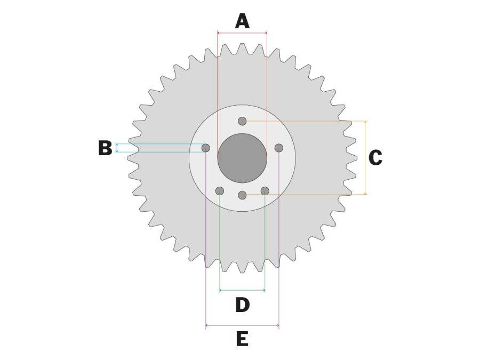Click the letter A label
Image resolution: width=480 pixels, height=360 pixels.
click(242, 21)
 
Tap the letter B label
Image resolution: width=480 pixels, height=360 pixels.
click(105, 148)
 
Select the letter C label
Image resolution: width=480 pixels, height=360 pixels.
click(375, 158)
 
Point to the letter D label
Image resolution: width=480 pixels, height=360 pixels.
click(243, 305)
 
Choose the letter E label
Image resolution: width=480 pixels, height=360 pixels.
click(243, 339)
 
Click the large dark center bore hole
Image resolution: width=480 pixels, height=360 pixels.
click(242, 158)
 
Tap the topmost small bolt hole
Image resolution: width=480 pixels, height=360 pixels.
click(242, 121)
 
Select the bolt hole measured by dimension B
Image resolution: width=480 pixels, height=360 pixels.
click(206, 148)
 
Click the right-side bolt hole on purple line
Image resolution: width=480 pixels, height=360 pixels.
click(278, 148)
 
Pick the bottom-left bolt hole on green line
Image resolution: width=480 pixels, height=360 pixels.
click(220, 191)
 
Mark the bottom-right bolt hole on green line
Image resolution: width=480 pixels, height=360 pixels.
click(265, 191)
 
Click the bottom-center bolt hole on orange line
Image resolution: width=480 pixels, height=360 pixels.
click(242, 195)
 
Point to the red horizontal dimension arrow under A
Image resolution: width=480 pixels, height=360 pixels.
click(242, 33)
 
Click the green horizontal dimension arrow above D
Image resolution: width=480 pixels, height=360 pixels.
click(243, 290)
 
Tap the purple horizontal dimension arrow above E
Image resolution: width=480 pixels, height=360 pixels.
click(242, 325)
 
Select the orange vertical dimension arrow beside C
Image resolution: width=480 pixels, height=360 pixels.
click(365, 158)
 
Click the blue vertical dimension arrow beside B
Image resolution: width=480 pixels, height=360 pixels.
click(117, 148)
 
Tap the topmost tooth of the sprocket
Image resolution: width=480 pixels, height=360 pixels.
click(242, 49)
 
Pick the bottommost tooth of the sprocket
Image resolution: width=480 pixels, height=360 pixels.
click(242, 267)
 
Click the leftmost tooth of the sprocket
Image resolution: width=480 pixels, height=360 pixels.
click(133, 158)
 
